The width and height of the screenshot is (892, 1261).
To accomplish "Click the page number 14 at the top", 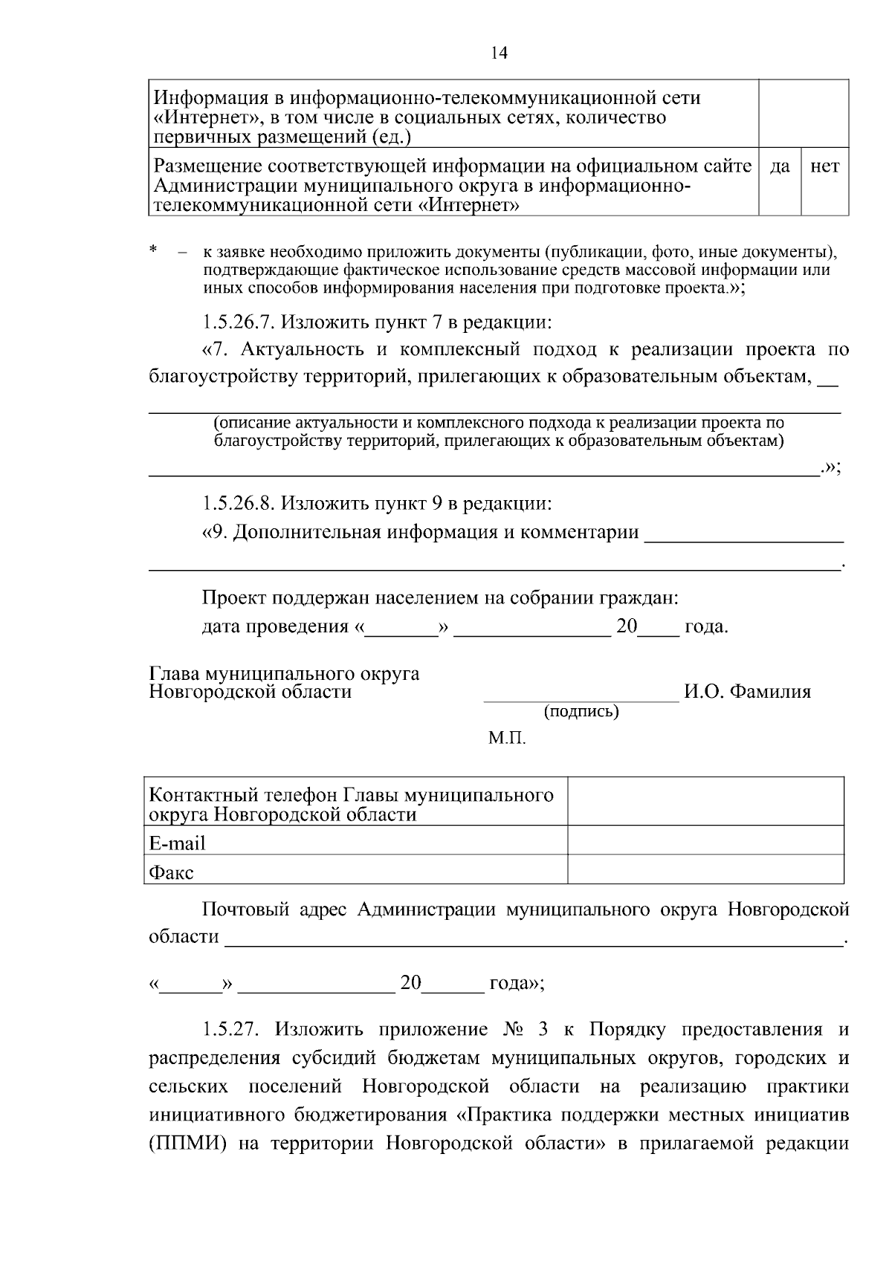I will [499, 53].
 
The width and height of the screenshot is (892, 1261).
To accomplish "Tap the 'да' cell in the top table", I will [779, 167].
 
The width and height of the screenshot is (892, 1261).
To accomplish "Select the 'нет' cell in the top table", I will [824, 167].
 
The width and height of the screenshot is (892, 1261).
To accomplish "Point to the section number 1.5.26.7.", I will [238, 322].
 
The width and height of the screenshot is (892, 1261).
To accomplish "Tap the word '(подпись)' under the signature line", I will [581, 711].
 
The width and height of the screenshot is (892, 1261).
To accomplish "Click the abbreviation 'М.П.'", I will [507, 739].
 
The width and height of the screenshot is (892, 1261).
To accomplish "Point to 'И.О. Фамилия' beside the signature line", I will [747, 692].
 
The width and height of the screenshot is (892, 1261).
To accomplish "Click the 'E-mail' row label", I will [177, 843].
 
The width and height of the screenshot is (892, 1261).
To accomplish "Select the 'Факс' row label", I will [171, 872].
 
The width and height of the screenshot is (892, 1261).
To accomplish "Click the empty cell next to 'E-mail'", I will [705, 840].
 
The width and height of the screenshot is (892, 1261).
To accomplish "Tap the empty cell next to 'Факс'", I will [705, 869].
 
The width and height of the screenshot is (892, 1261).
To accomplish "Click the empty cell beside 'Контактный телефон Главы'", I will [705, 801].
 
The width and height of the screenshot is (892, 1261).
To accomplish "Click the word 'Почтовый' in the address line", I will [245, 910].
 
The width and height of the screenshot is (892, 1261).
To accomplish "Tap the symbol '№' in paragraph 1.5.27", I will [512, 1030].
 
